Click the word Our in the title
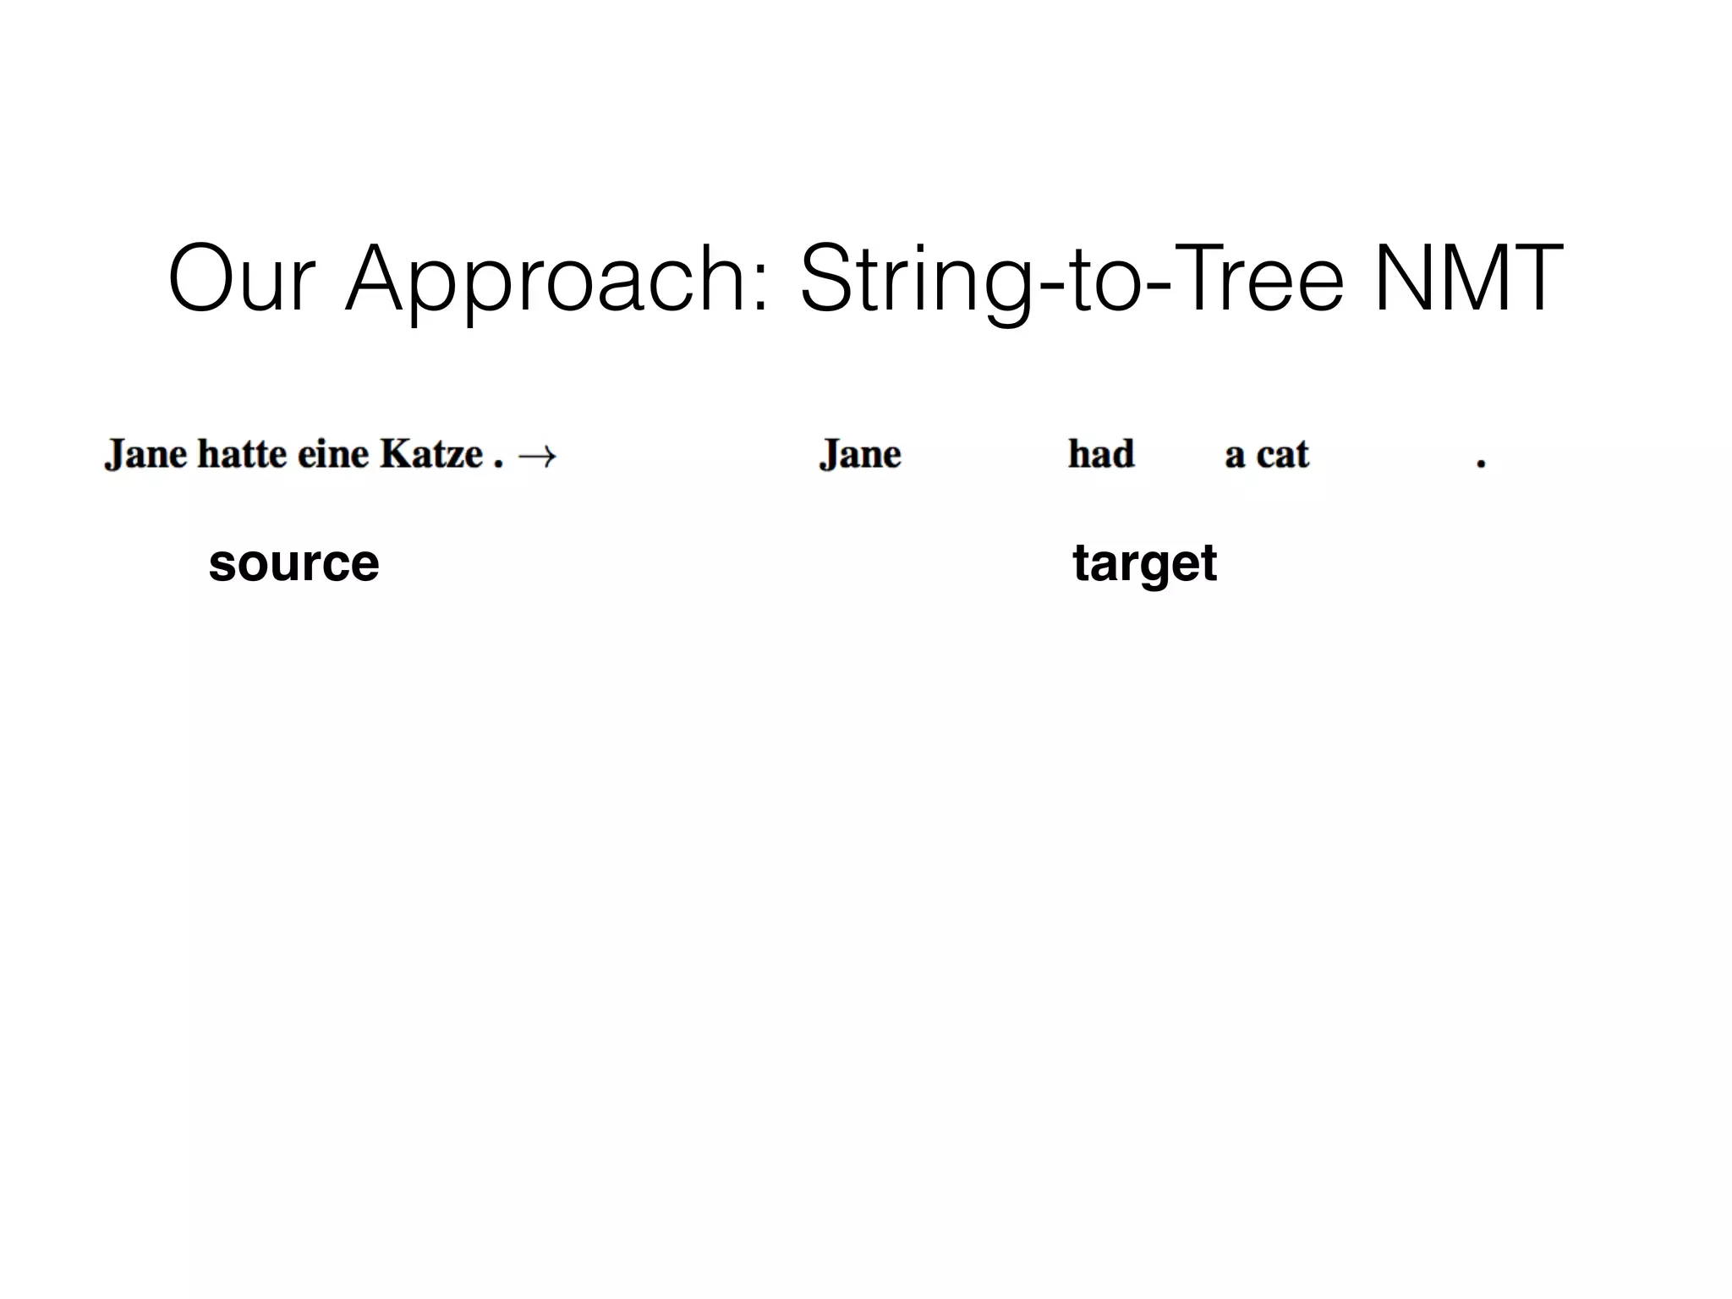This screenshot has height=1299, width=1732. [x=242, y=278]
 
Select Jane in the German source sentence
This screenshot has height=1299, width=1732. [x=145, y=456]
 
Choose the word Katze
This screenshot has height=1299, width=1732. [x=430, y=454]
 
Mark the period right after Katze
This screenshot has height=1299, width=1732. [x=498, y=463]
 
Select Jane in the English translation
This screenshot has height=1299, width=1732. [x=860, y=456]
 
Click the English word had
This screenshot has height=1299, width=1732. [x=1101, y=454]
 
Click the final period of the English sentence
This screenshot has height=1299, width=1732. [x=1481, y=463]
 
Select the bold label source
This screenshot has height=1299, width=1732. [x=293, y=563]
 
